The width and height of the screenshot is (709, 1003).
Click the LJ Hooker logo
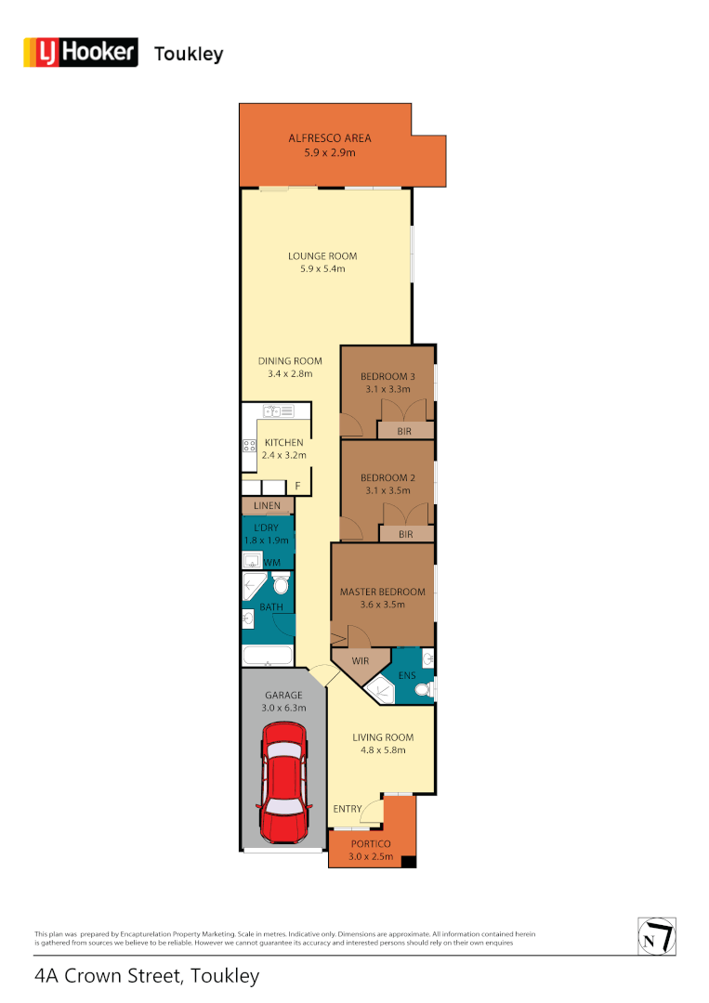[x=80, y=53]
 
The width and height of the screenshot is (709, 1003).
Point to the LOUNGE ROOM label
[x=322, y=256]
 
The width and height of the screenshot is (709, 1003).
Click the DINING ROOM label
[x=290, y=361]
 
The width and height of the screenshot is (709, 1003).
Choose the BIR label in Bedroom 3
[x=405, y=431]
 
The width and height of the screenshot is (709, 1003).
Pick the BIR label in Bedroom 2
[x=405, y=534]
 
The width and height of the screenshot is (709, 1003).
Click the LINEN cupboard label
[x=267, y=505]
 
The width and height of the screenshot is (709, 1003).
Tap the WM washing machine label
[x=271, y=563]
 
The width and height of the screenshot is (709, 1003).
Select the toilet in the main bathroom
[x=281, y=584]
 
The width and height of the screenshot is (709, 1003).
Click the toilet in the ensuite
[x=423, y=690]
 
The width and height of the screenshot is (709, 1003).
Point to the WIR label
[x=361, y=662]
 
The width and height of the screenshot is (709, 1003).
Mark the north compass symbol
[x=656, y=935]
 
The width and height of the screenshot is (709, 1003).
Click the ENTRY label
[x=348, y=809]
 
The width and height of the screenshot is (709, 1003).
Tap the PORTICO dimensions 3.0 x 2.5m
[x=371, y=856]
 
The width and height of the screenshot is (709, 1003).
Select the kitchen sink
[x=276, y=410]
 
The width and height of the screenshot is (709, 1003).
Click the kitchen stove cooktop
[x=249, y=446]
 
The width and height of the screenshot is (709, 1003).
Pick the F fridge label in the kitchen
[x=298, y=487]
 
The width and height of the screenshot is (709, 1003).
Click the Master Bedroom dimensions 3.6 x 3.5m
[x=382, y=605]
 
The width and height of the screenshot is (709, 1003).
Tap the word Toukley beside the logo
[x=189, y=54]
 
